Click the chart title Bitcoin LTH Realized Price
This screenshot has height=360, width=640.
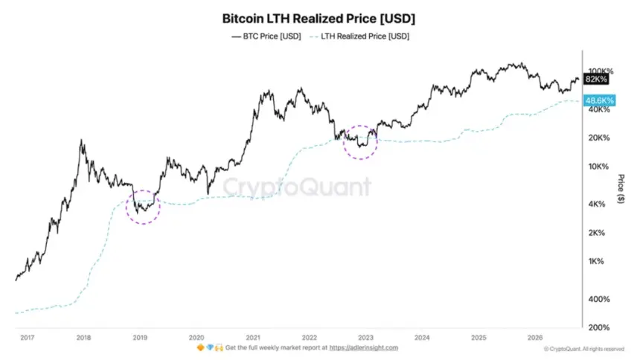[319, 19]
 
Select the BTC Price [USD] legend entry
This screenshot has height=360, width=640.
[266, 36]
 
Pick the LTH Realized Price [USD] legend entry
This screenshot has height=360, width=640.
[359, 36]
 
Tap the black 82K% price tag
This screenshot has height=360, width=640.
[596, 79]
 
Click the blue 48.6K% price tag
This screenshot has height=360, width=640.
[599, 100]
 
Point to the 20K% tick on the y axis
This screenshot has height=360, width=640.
[599, 138]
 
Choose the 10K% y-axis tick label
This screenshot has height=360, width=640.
[598, 167]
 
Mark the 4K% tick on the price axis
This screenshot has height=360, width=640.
[597, 204]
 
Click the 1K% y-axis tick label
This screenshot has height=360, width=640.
[596, 261]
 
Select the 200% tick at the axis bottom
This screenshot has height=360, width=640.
[599, 327]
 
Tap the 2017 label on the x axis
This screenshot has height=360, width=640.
[28, 338]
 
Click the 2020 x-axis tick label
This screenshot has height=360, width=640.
[196, 338]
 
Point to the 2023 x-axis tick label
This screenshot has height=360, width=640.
[365, 338]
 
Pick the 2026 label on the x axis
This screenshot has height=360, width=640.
[534, 338]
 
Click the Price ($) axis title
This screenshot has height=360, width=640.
[621, 189]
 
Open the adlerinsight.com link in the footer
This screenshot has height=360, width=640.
[364, 348]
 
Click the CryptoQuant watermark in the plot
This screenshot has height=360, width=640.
[297, 187]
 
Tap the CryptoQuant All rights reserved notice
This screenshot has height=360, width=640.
[584, 349]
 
